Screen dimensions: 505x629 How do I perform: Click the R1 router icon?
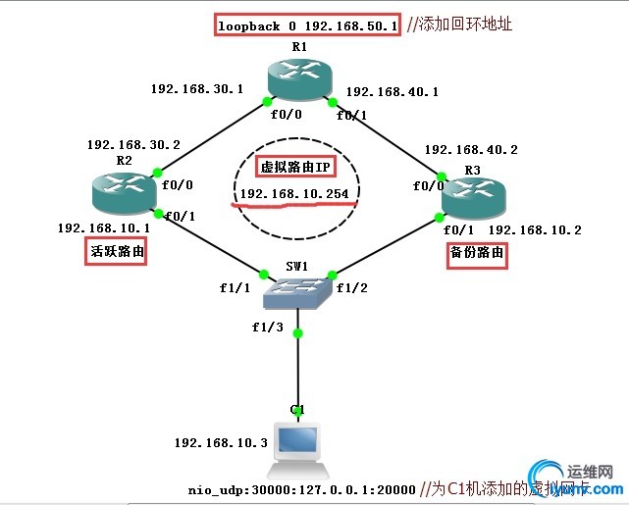click(299, 78)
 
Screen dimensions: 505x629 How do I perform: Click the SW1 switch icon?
click(297, 291)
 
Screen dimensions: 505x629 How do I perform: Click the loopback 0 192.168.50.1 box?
click(307, 25)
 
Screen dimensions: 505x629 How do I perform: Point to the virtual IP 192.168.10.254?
click(294, 194)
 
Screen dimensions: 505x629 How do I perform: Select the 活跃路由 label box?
click(109, 252)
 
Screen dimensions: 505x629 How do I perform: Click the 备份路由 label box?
click(478, 252)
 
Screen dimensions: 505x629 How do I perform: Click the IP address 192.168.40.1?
click(393, 91)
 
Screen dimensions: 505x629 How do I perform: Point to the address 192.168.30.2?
click(133, 144)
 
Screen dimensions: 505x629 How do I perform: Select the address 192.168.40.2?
click(470, 150)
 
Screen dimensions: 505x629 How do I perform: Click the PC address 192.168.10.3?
click(221, 443)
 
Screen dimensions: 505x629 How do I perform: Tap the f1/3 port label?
click(267, 327)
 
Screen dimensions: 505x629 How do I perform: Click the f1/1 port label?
click(236, 288)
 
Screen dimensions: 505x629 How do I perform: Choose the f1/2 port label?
click(351, 288)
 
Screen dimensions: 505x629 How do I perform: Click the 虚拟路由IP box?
click(294, 166)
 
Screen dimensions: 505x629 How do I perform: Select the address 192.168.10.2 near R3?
click(535, 230)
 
